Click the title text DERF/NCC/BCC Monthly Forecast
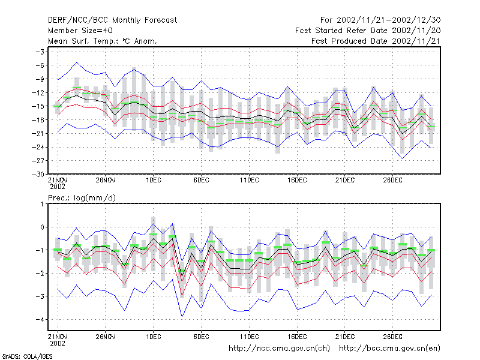tap(112, 20)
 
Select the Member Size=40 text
tap(80, 31)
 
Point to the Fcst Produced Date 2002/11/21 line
tap(376, 41)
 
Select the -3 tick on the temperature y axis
tap(40, 52)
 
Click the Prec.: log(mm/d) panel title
tap(82, 198)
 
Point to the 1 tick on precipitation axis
tap(43, 204)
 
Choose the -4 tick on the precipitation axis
tap(40, 319)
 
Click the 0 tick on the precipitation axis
tap(42, 227)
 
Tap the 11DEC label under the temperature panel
tap(249, 181)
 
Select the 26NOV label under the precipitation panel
tap(106, 337)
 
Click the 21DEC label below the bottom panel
tap(345, 337)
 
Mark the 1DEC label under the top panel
tap(154, 181)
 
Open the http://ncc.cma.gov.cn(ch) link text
tap(279, 349)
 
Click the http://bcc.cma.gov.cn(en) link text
tap(389, 349)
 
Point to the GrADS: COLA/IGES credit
tap(27, 356)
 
